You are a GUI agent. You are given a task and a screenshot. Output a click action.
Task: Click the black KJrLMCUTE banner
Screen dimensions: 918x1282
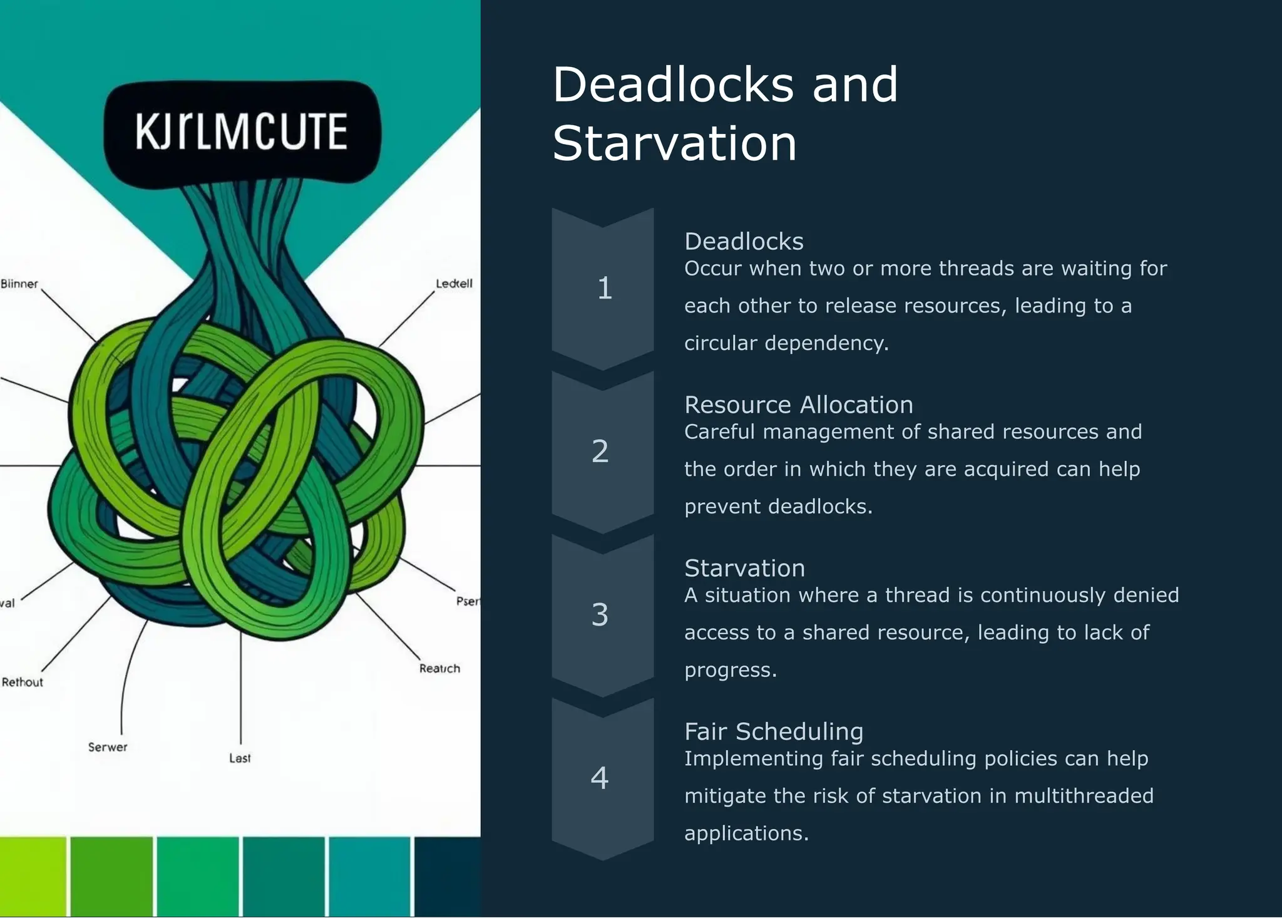pyautogui.click(x=242, y=132)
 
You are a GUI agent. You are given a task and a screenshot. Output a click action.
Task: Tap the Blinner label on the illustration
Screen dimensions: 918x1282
pyautogui.click(x=19, y=284)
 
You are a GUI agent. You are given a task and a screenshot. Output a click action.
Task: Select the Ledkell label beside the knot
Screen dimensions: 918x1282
pyautogui.click(x=454, y=283)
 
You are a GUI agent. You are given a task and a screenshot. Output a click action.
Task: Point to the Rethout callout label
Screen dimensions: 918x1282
pyautogui.click(x=23, y=682)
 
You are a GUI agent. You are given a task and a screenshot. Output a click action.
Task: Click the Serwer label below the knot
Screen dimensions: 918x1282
pyautogui.click(x=108, y=746)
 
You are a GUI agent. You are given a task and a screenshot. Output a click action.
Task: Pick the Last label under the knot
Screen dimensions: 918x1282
pyautogui.click(x=240, y=758)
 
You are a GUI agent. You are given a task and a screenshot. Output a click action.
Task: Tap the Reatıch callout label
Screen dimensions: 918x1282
pyautogui.click(x=439, y=668)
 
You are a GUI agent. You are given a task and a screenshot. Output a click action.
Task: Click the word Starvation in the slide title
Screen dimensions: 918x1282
pyautogui.click(x=674, y=143)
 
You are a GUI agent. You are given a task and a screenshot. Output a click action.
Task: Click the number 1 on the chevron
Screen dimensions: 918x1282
pyautogui.click(x=604, y=288)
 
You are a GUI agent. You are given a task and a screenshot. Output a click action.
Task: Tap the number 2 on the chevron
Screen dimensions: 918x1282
pyautogui.click(x=600, y=451)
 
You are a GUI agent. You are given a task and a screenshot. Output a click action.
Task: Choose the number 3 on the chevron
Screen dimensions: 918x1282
pyautogui.click(x=600, y=614)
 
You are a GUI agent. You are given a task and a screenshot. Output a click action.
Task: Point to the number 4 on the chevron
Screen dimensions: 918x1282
pyautogui.click(x=600, y=778)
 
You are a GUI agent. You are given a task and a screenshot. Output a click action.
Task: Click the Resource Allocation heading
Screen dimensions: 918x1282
pyautogui.click(x=798, y=405)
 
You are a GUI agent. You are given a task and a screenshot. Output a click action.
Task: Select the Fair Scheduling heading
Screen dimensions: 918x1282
pyautogui.click(x=774, y=731)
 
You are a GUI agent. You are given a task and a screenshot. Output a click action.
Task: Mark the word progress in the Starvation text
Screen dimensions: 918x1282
pyautogui.click(x=727, y=670)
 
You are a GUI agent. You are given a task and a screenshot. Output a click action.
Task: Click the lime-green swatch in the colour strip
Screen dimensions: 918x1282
pyautogui.click(x=33, y=877)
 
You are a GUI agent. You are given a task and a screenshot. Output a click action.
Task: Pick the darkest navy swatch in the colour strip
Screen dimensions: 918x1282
pyautogui.click(x=447, y=877)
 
